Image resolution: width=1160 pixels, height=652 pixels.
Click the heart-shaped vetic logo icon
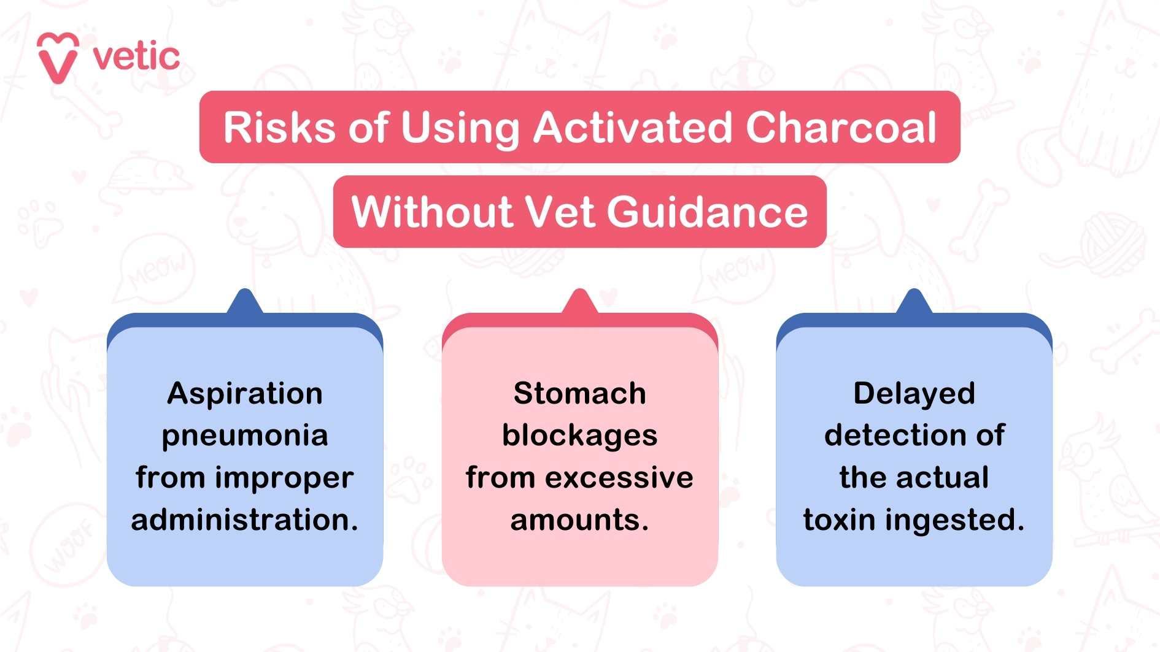[x=58, y=58]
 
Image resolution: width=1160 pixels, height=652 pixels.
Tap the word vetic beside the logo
[x=136, y=57]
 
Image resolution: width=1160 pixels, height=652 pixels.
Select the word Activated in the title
[x=632, y=128]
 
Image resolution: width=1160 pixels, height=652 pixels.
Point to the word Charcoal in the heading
[x=841, y=128]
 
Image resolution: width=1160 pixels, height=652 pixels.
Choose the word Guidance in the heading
[x=708, y=212]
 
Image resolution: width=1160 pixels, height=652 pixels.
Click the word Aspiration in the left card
[x=245, y=394]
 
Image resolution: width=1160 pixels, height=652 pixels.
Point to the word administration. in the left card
[x=245, y=520]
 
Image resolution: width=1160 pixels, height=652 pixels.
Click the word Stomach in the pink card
[x=579, y=394]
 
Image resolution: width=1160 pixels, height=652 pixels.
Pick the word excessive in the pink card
[x=619, y=478]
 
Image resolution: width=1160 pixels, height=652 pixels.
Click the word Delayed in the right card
[x=914, y=394]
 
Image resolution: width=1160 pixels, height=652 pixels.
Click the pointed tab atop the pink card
[x=579, y=302]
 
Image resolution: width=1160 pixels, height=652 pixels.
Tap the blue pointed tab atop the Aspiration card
[x=245, y=302]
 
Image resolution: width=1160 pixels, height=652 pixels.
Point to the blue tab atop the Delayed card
[x=914, y=302]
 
